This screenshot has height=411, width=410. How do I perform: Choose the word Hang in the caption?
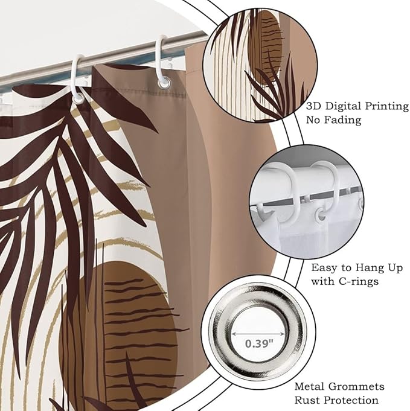pos(367,268)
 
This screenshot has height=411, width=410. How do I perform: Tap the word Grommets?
pos(356,387)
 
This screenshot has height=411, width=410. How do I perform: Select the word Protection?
pos(350,400)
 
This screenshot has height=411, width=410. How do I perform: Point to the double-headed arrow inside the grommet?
pos(258,334)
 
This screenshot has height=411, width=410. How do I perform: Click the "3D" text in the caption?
pos(313,106)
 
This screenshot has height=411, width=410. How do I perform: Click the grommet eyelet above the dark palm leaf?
pos(78,100)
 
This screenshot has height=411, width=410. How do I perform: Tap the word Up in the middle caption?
pos(394,268)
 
